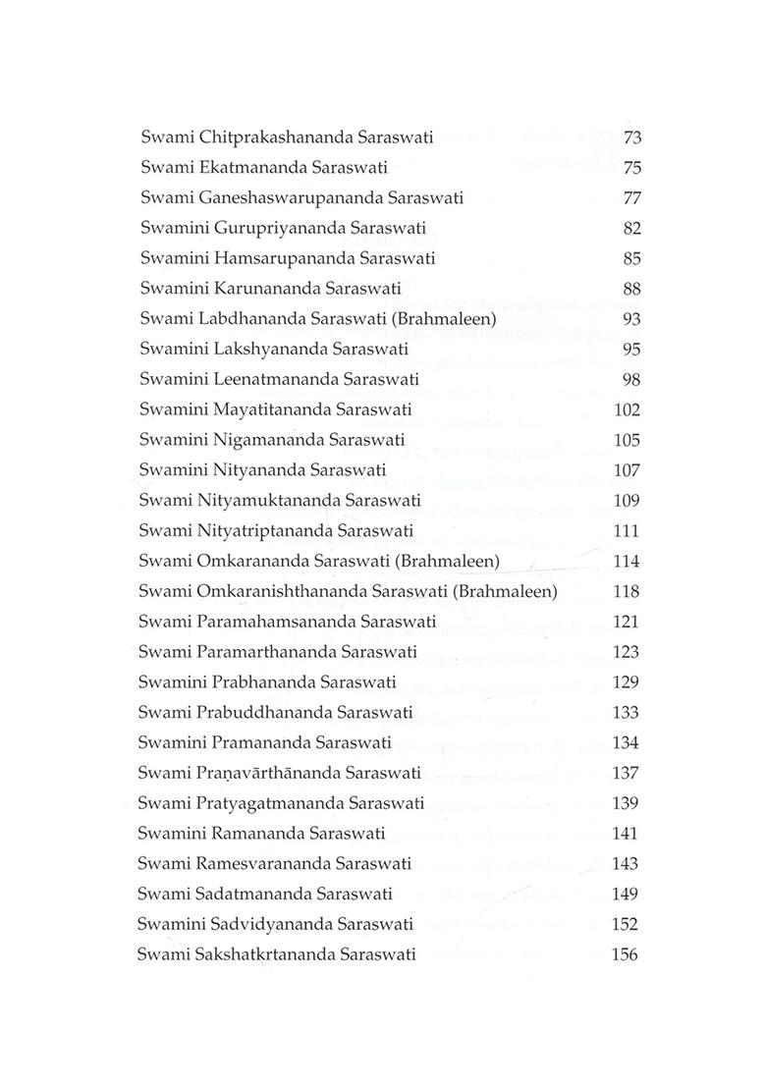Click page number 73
pos(631,137)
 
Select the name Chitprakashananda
pos(261,137)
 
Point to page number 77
pos(631,198)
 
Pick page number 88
pos(631,289)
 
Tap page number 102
pos(626,409)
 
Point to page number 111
pos(626,531)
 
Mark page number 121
pos(626,622)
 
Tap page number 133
pos(626,713)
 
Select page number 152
pos(625,924)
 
